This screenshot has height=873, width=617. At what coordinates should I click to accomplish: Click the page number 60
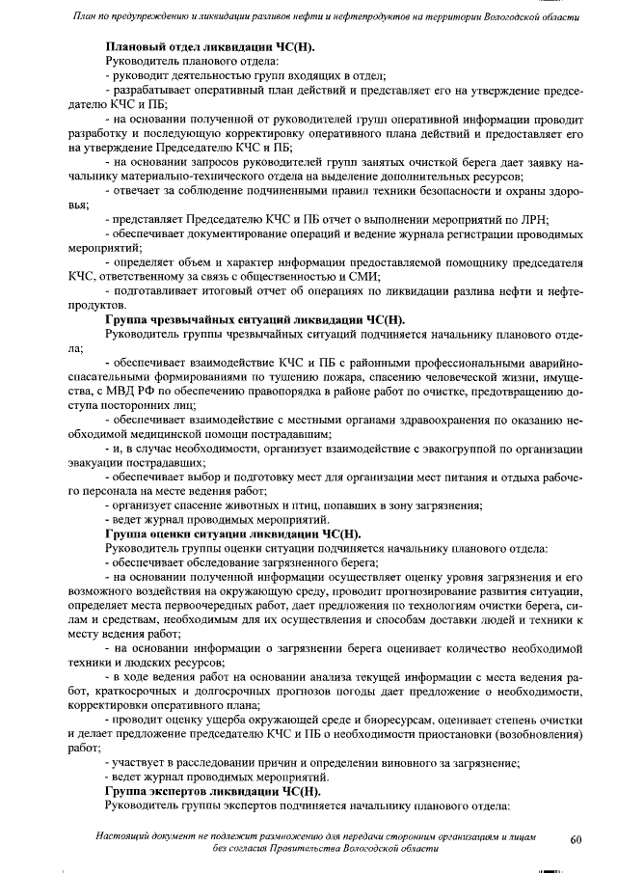point(577,839)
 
